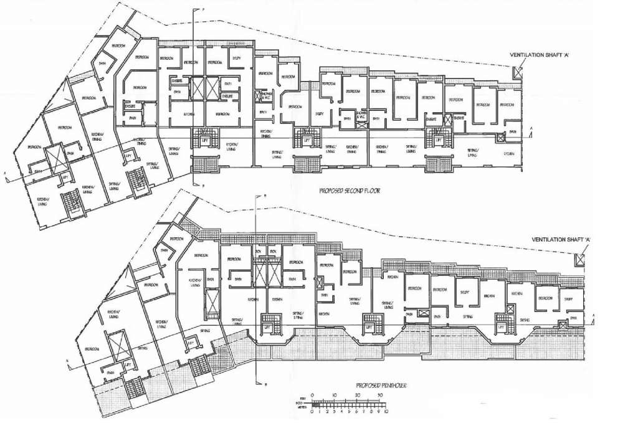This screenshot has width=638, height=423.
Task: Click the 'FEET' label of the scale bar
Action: coord(302,397)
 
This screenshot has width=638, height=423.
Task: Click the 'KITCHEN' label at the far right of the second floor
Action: coord(510,153)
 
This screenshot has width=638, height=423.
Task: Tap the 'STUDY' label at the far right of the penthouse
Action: coord(569,299)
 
